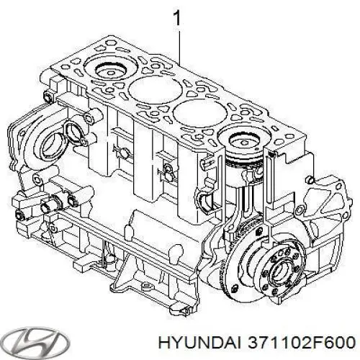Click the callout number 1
point(176,17)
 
